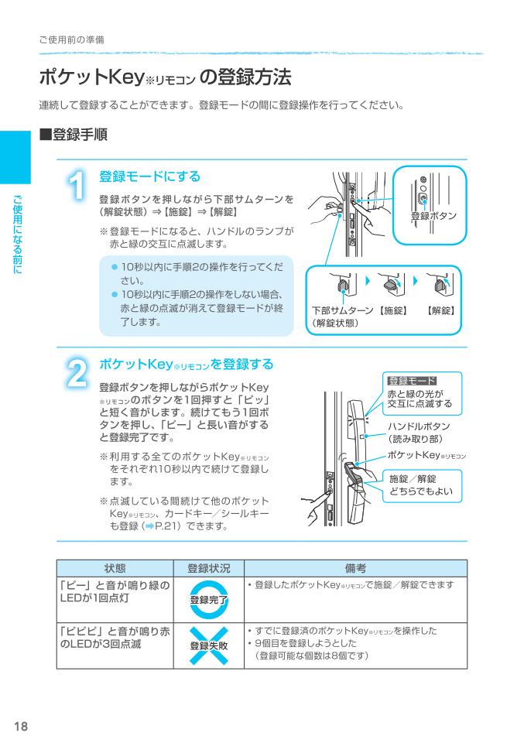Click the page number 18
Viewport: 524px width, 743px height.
20,725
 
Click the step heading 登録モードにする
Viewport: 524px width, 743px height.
149,176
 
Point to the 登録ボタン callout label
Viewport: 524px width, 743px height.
433,215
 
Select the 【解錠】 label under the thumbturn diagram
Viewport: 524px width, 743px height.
441,310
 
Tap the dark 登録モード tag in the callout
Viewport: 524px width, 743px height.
411,381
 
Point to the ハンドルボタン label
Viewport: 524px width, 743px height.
418,426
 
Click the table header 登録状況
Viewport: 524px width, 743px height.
205,567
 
